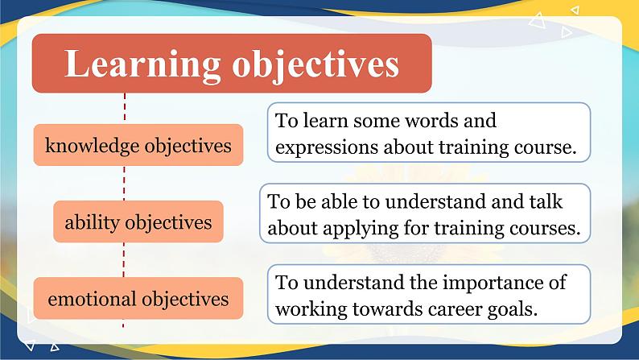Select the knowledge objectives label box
point(138,146)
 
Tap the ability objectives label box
point(138,222)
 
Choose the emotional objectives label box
point(138,300)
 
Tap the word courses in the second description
point(545,228)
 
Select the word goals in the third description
point(509,309)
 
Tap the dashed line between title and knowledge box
point(125,108)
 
